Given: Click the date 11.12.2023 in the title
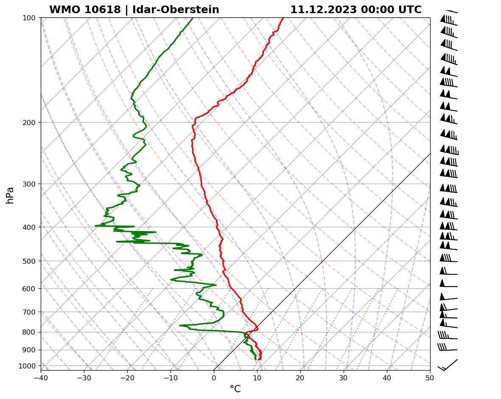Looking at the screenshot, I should (x=323, y=10).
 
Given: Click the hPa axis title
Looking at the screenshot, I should (x=10, y=195).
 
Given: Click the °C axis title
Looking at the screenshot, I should (x=235, y=389).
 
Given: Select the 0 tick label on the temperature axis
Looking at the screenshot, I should (x=214, y=377).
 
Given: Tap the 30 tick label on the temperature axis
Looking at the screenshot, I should (x=344, y=377).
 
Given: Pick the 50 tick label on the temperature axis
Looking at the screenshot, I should (x=430, y=377).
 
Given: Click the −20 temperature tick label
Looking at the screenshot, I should (x=127, y=377).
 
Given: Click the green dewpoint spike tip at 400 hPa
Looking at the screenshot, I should (x=96, y=226).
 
